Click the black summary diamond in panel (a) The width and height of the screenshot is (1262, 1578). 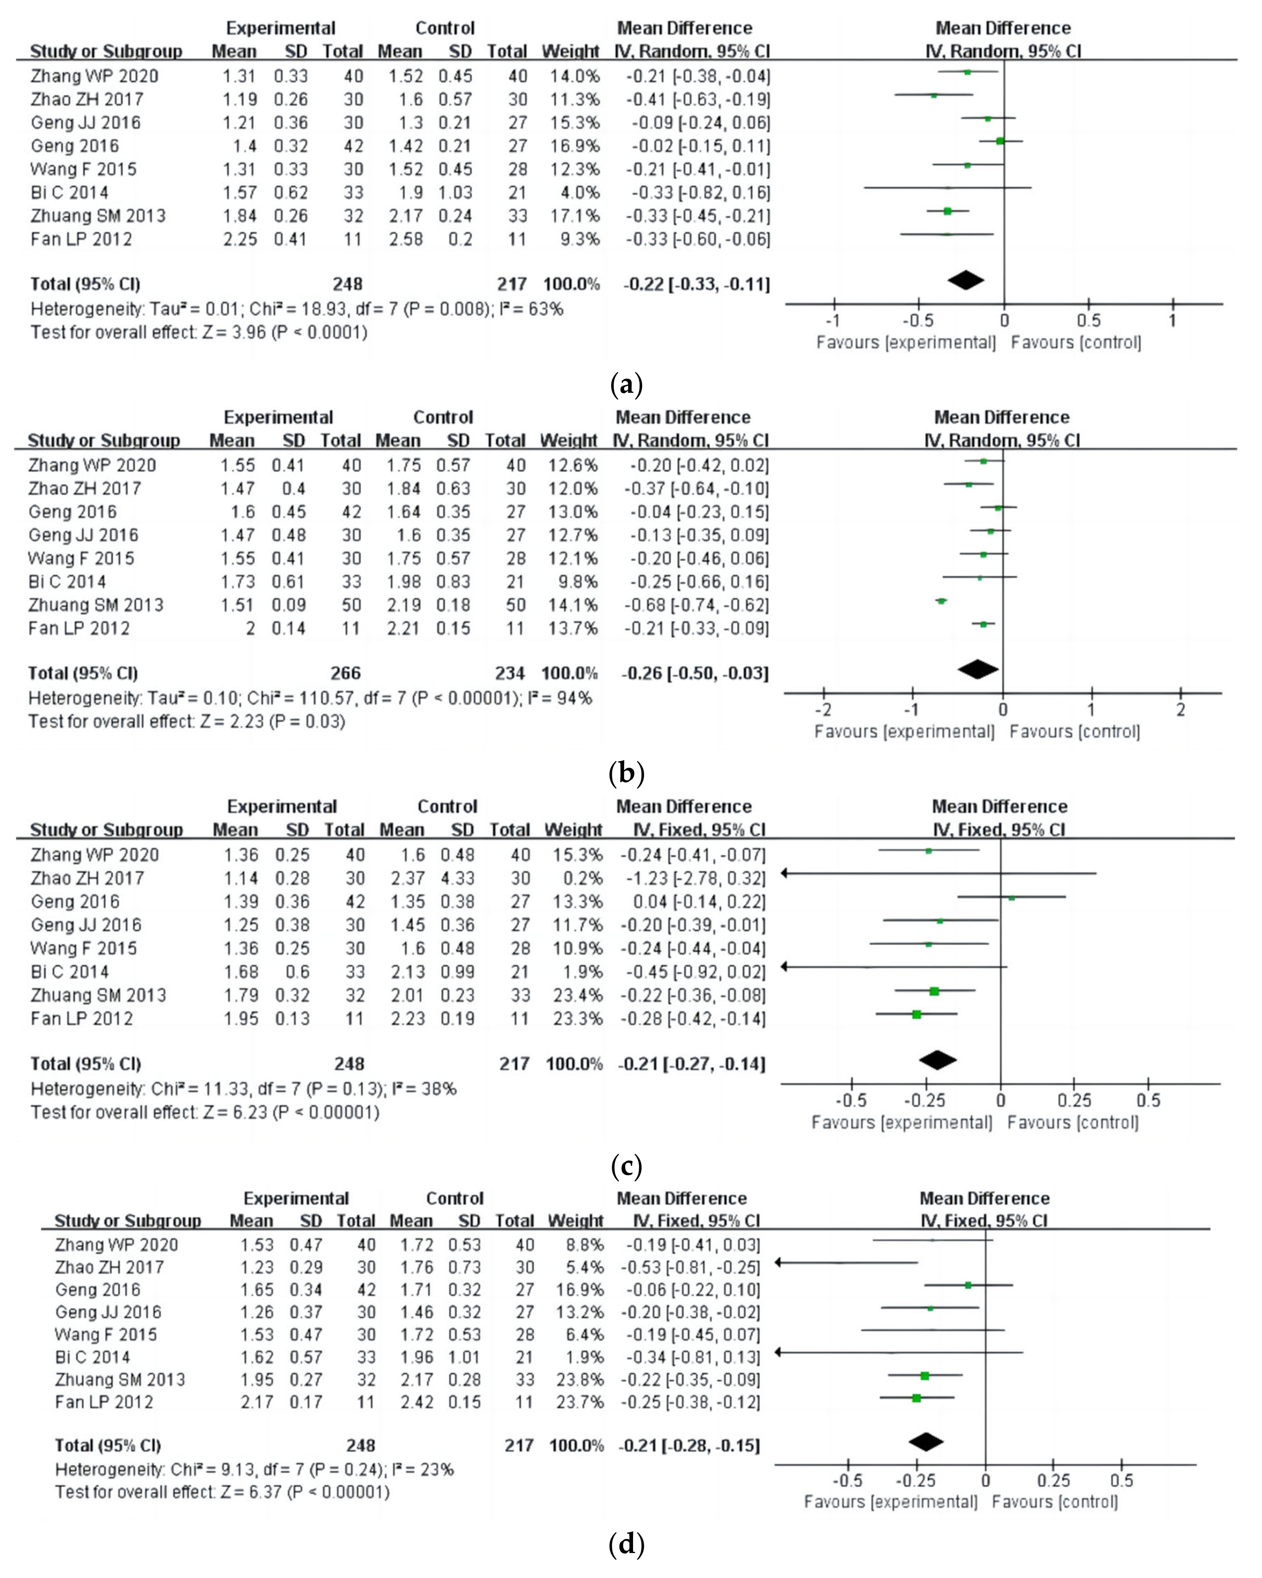(x=966, y=280)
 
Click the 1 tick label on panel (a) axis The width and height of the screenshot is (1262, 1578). (x=1173, y=321)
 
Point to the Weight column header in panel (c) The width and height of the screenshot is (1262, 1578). (x=573, y=830)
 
